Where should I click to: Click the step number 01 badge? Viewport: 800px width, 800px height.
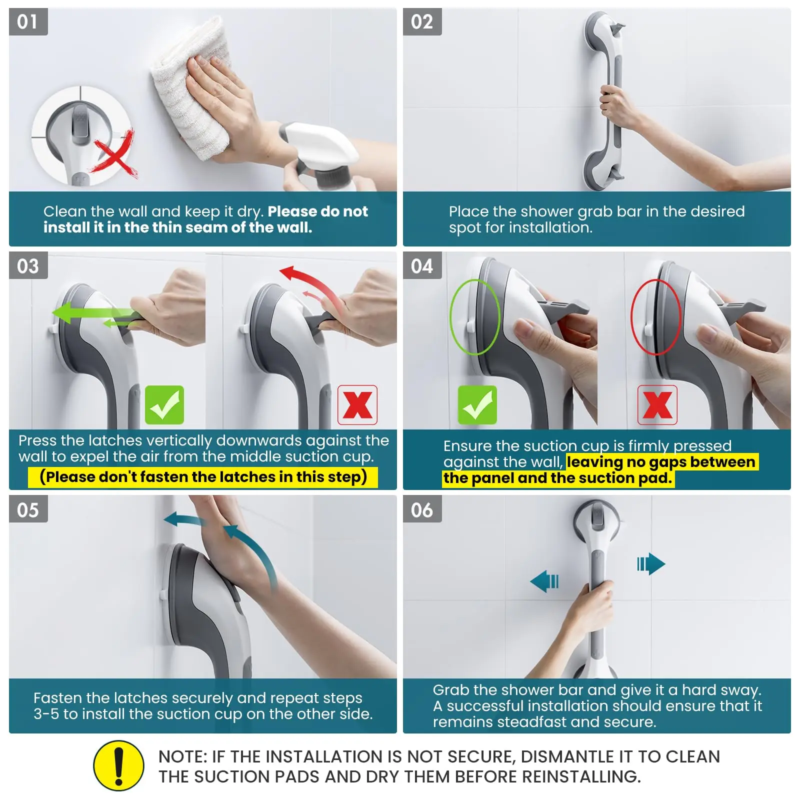tap(28, 21)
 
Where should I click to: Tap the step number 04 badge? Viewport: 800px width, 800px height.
tap(422, 265)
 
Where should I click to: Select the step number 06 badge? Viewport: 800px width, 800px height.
tap(422, 509)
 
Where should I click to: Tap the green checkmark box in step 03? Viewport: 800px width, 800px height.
tap(164, 405)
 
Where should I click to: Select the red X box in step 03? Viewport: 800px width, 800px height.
tap(357, 405)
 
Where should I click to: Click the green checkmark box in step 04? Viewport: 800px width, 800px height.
tap(477, 405)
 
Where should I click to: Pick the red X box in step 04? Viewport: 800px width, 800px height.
tap(657, 405)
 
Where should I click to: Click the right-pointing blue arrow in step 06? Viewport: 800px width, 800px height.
tap(651, 564)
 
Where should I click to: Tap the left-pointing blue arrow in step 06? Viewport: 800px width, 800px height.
tap(544, 581)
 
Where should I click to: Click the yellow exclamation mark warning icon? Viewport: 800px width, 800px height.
tap(118, 765)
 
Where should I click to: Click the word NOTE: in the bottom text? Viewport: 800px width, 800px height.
tap(182, 756)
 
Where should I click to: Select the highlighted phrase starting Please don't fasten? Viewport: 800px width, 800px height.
tap(203, 476)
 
